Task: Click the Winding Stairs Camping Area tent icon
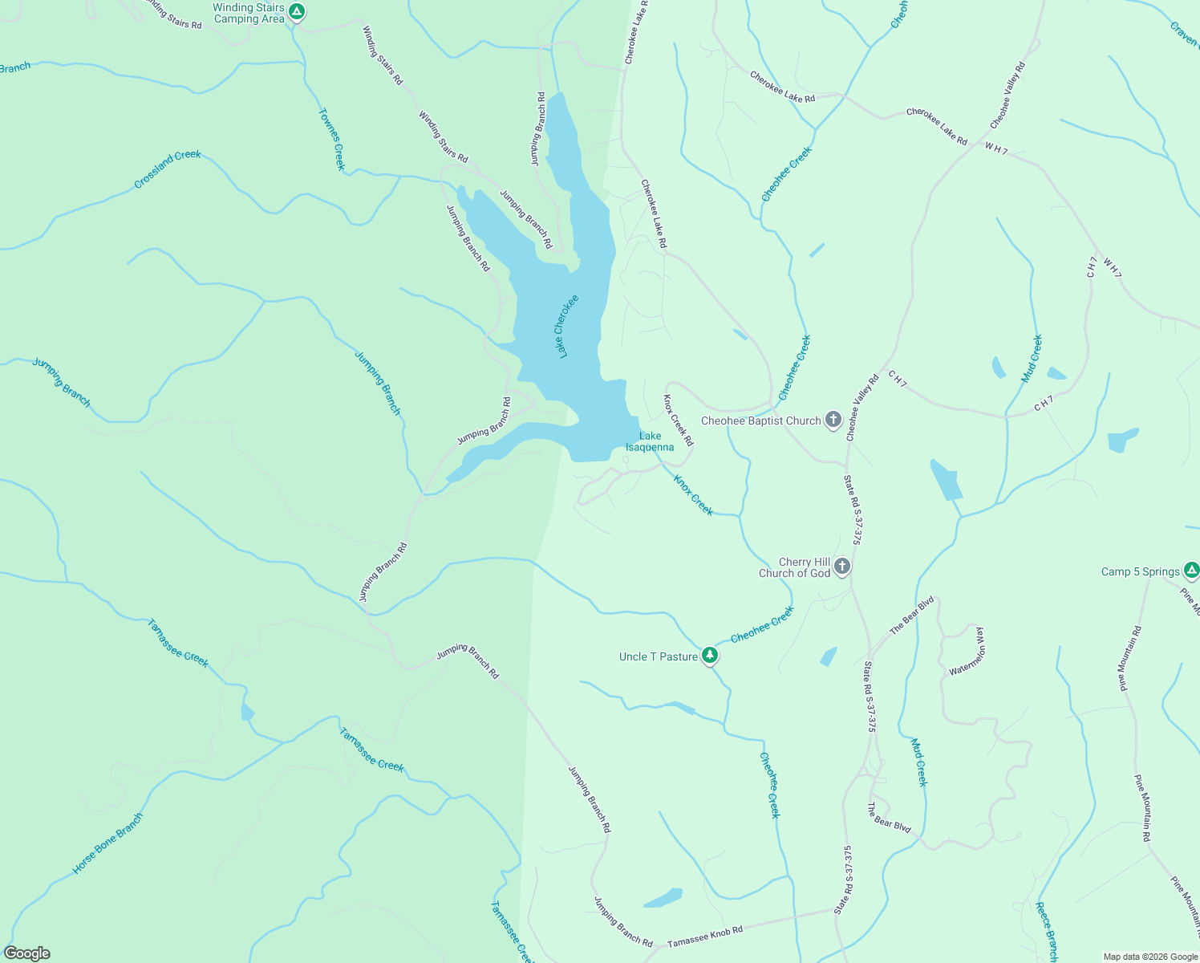tap(297, 12)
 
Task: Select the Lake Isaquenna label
tap(650, 441)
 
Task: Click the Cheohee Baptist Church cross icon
tap(833, 420)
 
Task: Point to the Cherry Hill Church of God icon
tap(841, 567)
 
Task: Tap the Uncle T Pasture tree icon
tap(709, 656)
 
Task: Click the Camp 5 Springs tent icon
tap(1191, 571)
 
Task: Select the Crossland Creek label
tap(168, 169)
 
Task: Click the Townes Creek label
tap(331, 140)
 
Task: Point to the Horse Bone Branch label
tap(107, 843)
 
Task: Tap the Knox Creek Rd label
tap(678, 420)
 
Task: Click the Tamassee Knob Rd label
tap(705, 936)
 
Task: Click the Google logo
tap(26, 953)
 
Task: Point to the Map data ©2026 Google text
tap(1149, 957)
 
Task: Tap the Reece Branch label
tap(1047, 932)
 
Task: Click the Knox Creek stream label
tap(693, 495)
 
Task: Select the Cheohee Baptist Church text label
tap(761, 421)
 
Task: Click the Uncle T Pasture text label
tap(659, 656)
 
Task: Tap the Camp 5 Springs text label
tap(1141, 571)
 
